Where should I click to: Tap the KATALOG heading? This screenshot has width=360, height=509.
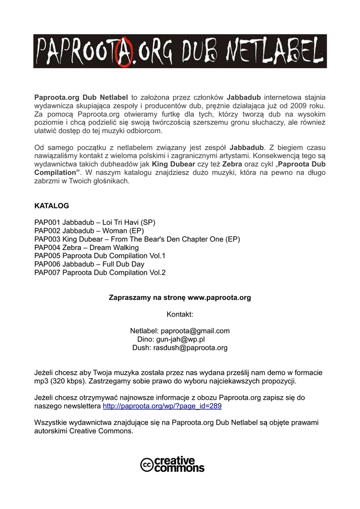point(51,205)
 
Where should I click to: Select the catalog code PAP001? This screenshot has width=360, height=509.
point(47,222)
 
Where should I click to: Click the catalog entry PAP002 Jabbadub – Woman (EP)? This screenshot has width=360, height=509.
point(89,231)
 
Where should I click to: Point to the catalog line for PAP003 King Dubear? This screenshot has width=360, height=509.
point(137,239)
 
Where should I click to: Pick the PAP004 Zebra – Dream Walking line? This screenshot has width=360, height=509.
point(87,248)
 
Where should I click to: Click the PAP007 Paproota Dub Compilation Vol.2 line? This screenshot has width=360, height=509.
point(99,272)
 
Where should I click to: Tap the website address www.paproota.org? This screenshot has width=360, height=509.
point(219,298)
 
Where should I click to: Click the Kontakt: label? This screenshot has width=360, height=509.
point(180,315)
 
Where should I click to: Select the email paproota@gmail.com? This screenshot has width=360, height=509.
point(195,331)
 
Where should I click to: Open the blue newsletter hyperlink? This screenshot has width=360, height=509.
point(162,406)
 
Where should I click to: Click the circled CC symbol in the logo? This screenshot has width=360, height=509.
point(147,465)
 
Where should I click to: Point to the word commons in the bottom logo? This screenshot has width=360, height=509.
point(180,468)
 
